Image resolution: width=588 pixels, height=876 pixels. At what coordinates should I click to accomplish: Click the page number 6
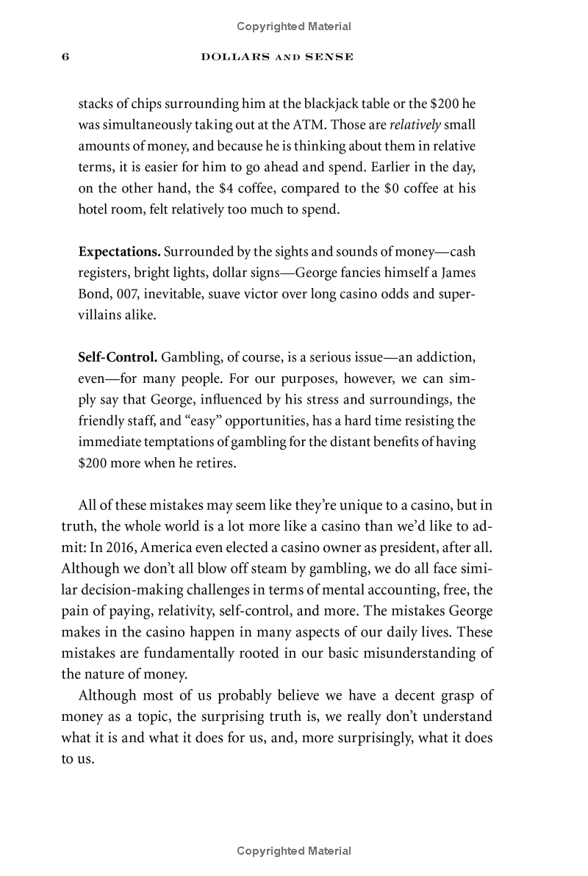65,57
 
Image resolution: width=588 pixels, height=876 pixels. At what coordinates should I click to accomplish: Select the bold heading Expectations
119,251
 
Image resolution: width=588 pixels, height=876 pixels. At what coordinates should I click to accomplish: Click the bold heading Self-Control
118,358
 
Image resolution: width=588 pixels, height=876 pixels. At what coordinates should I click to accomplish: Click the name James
457,273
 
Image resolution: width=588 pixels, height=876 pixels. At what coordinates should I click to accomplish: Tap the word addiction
445,358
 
